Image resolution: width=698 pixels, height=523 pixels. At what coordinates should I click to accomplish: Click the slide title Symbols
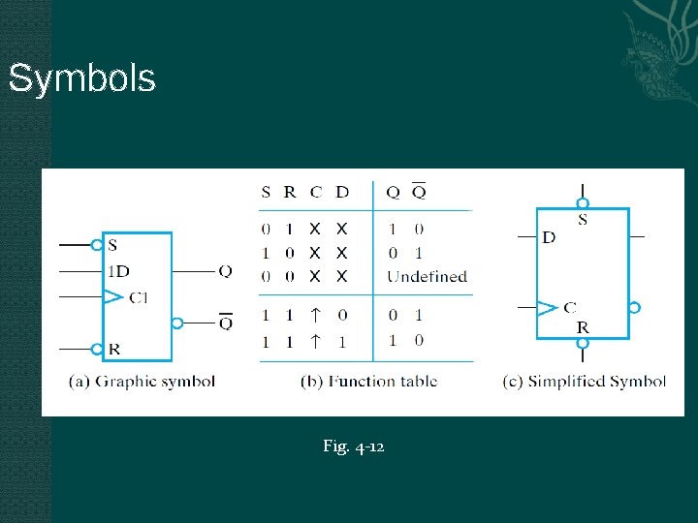coord(81,78)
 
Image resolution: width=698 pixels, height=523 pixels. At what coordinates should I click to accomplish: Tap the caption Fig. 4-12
coord(354,446)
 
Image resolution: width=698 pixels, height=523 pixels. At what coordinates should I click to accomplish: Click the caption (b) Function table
coord(368,381)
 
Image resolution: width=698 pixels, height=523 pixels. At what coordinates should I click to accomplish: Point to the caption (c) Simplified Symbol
coord(584,381)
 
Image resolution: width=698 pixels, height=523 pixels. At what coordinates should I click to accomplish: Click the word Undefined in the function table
coord(427,276)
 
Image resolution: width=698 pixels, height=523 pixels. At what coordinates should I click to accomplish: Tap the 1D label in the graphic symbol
coord(119,270)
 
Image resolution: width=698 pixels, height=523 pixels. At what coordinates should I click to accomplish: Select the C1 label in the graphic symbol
coord(139,296)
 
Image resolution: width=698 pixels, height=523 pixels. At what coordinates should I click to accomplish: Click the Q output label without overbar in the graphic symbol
coord(225,271)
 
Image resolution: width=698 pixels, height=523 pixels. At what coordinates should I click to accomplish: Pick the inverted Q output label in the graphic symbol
coord(225,322)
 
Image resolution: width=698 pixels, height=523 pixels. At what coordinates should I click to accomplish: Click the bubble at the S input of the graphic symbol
coord(97,245)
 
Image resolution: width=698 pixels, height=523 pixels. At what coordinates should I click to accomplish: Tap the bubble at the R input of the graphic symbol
coord(97,348)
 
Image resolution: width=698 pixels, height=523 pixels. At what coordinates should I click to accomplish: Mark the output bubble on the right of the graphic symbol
coord(177,323)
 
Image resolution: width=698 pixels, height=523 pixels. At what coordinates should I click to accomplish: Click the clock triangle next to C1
coord(113,296)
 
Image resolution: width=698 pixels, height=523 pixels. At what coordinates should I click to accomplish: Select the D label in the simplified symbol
coord(549,237)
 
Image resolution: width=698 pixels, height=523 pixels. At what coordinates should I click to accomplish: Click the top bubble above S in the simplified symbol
coord(583,203)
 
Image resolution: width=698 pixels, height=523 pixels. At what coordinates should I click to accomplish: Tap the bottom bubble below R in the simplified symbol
coord(583,342)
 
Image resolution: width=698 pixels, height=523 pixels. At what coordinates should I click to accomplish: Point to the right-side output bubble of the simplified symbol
coord(634,307)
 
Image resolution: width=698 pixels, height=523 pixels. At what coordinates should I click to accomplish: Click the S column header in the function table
coord(266,192)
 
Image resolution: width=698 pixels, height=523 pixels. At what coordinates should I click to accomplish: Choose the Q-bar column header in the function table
coord(418,191)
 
